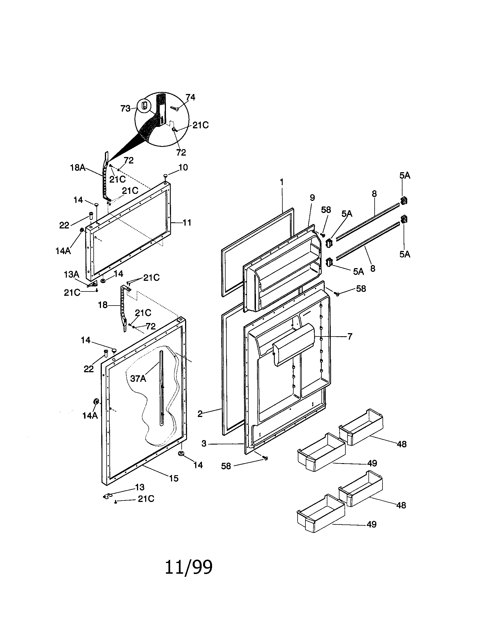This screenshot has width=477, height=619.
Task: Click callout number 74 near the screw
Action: click(x=190, y=97)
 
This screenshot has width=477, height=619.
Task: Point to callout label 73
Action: click(x=125, y=109)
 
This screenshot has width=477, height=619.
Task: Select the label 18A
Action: click(x=78, y=167)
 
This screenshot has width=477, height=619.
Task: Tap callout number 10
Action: click(x=183, y=167)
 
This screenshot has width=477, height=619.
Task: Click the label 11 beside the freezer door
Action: click(x=187, y=223)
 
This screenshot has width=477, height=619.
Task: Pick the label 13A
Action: click(x=71, y=274)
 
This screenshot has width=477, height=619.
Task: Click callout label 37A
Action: click(x=138, y=378)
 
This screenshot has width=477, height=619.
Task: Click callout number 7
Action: click(x=350, y=337)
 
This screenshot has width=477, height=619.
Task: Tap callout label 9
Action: click(x=312, y=198)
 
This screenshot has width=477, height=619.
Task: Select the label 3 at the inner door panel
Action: click(x=204, y=443)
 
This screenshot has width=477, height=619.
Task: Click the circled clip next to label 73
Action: click(x=144, y=106)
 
